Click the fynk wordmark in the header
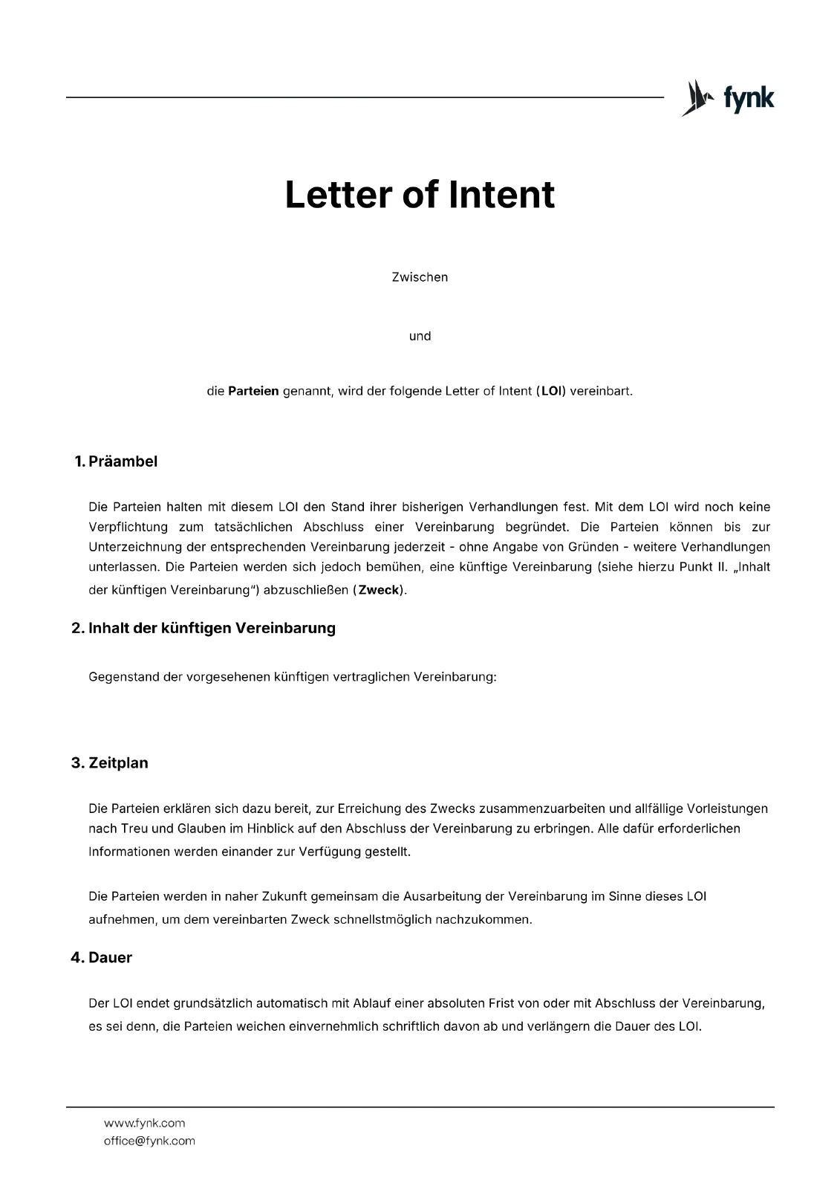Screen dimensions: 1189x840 (749, 98)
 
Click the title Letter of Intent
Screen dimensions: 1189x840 (420, 195)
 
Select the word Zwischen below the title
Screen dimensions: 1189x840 (420, 277)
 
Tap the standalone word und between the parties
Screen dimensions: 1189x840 (420, 336)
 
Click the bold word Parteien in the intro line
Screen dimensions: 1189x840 (253, 391)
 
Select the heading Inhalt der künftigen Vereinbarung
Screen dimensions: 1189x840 (212, 629)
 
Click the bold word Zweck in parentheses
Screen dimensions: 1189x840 (379, 592)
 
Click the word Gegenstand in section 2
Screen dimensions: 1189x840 (123, 678)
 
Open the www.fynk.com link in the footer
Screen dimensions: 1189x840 (144, 1123)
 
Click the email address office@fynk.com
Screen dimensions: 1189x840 (149, 1141)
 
